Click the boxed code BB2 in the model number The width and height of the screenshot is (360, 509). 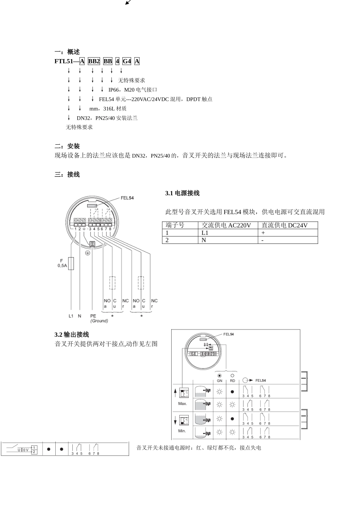94,61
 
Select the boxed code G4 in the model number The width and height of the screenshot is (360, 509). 127,61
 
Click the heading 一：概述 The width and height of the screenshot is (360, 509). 67,52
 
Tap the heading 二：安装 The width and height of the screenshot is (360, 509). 67,146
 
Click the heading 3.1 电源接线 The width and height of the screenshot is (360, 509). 182,193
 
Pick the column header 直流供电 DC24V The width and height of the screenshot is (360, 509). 285,225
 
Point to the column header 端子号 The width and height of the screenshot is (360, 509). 175,225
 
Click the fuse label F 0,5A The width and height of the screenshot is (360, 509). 62,263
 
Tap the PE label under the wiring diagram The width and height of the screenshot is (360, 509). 93,316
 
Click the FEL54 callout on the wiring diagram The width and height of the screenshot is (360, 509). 127,198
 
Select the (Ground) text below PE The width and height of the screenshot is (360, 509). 99,321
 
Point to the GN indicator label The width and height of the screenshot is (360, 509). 219,381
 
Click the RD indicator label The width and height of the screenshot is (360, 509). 232,381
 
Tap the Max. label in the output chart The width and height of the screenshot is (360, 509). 182,404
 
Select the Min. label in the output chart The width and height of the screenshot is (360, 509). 182,431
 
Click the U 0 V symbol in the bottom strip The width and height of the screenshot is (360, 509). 23,450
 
